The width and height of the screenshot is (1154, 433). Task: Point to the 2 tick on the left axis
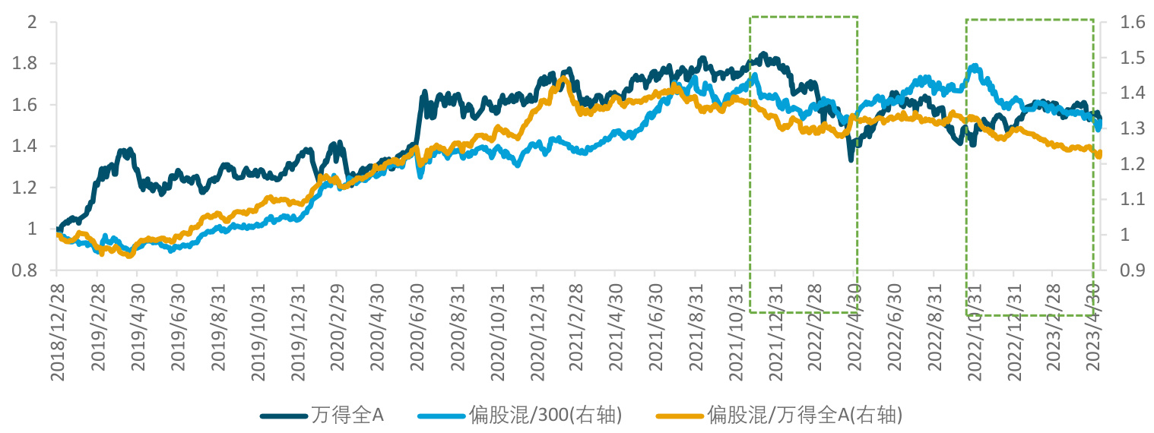click(x=32, y=22)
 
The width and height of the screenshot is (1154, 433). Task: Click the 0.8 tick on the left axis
click(x=26, y=270)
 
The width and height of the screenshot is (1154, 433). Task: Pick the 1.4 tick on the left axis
click(x=26, y=147)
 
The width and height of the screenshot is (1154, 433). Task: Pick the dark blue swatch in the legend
click(x=284, y=416)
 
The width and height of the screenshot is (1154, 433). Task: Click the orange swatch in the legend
click(x=680, y=416)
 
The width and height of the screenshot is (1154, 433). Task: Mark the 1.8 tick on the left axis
click(x=26, y=64)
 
